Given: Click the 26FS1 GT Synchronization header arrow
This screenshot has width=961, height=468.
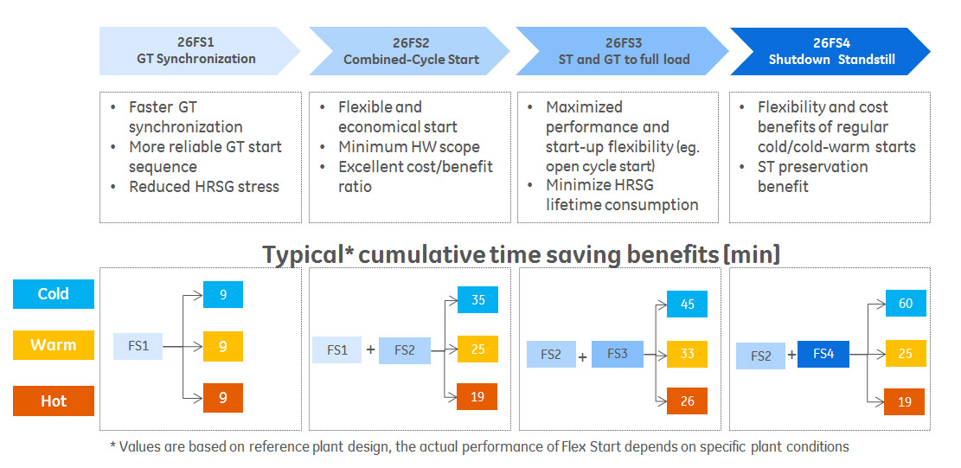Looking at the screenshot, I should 196,51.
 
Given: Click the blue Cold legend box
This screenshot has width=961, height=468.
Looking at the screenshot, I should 53,294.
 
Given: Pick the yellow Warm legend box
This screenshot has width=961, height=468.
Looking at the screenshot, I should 53,345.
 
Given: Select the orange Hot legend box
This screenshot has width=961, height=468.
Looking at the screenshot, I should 53,401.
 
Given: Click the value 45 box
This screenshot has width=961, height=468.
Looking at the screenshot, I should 687,305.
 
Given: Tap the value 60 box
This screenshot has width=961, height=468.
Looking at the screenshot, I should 905,304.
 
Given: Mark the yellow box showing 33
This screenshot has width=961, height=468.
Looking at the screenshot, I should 687,353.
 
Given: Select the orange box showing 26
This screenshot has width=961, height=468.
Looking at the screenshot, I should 687,401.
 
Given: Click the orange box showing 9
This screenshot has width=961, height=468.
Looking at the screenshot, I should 223,398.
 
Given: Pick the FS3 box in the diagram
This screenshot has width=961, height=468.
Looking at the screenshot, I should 617,355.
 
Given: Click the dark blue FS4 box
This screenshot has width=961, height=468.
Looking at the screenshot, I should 823,355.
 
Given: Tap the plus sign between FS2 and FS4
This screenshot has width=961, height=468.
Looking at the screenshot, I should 791,355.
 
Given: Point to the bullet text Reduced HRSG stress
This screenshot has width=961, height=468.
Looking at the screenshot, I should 204,186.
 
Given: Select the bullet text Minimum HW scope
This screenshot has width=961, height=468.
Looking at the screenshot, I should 408,147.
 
